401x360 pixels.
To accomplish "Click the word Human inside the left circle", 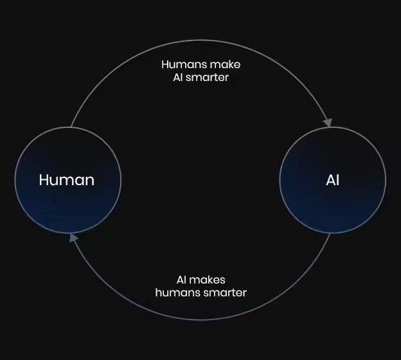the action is click(x=67, y=180).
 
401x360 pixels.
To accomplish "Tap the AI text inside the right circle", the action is click(x=333, y=180).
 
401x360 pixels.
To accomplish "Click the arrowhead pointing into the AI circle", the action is click(x=328, y=122).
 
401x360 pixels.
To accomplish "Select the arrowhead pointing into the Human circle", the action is click(x=73, y=238).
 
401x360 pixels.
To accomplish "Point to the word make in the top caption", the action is click(x=225, y=64).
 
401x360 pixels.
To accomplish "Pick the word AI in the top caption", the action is click(x=178, y=78).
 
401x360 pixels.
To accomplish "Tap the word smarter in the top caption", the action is click(x=207, y=78).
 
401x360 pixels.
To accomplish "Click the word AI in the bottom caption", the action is click(x=181, y=280).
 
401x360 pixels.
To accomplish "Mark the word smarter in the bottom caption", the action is click(x=226, y=293).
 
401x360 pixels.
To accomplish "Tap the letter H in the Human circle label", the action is click(x=44, y=180).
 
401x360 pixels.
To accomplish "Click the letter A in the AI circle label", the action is click(x=331, y=180).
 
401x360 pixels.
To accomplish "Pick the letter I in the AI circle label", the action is click(x=338, y=180).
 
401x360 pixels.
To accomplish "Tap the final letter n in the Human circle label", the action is click(x=90, y=181).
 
